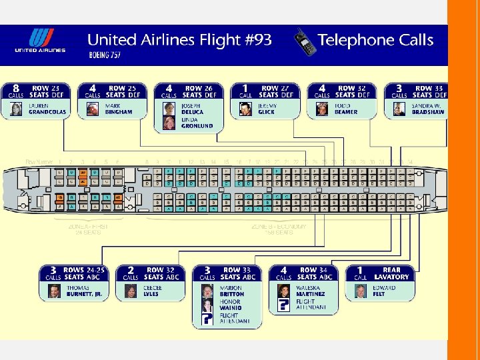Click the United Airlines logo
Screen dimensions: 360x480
(40, 41)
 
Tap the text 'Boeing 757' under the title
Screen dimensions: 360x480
(105, 55)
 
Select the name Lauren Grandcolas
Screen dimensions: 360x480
(48, 109)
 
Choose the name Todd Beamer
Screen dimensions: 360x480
(346, 109)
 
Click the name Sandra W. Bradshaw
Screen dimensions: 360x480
(427, 109)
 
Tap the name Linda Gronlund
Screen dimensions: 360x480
(197, 123)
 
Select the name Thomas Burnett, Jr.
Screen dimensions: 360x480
(85, 291)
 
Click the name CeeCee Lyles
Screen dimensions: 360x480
(151, 291)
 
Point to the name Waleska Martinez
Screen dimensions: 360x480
(311, 291)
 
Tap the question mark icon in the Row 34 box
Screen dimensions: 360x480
(283, 305)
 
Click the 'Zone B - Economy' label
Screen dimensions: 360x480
(279, 227)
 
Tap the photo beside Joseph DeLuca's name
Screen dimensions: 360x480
(169, 109)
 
